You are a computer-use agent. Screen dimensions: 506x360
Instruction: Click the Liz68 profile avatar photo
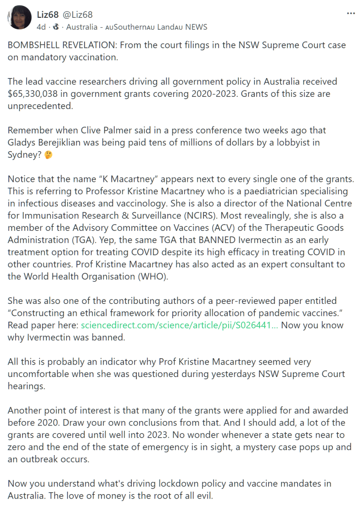click(x=20, y=18)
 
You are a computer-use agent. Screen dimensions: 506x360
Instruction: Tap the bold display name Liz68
click(x=48, y=14)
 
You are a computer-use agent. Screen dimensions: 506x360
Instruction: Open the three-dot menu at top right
click(x=351, y=13)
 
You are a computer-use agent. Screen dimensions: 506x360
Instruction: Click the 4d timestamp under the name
click(x=41, y=27)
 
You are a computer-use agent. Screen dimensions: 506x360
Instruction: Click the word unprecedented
click(x=40, y=106)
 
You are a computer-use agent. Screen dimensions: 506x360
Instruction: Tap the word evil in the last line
click(x=203, y=495)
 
